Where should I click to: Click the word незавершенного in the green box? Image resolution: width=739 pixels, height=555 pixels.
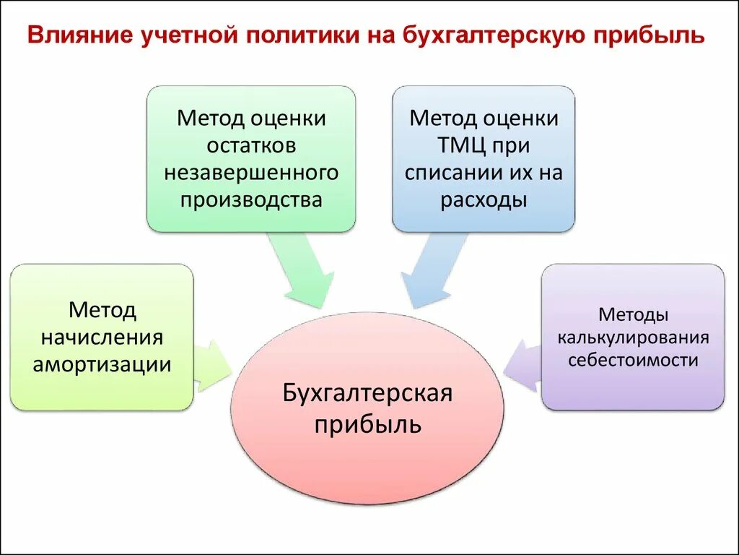click(251, 173)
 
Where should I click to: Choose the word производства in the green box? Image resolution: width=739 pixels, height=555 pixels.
click(251, 199)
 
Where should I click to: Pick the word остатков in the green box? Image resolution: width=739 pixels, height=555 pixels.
click(251, 145)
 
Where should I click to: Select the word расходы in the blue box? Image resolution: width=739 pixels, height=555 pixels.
click(484, 199)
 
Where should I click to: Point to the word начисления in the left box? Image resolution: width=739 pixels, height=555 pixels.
click(102, 337)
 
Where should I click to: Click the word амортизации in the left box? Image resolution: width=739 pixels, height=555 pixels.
click(102, 364)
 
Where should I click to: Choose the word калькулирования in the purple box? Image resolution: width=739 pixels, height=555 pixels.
click(633, 337)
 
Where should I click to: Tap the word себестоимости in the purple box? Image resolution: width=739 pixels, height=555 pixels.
click(633, 360)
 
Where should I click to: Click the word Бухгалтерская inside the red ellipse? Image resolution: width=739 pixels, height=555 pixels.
click(367, 394)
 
